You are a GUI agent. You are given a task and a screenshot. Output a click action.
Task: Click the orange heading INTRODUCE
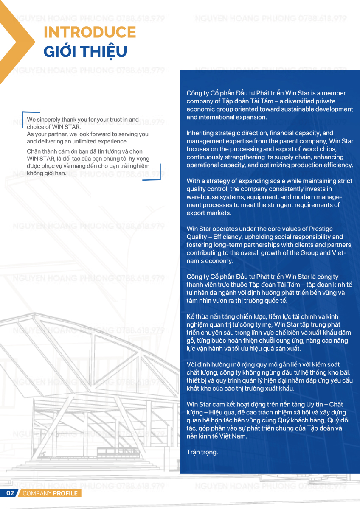click(x=90, y=32)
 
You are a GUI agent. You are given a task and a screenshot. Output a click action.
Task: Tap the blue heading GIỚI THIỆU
click(x=85, y=51)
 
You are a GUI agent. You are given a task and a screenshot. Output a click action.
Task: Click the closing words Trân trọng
click(x=202, y=452)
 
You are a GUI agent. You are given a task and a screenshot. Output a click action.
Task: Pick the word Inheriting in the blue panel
click(x=201, y=133)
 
